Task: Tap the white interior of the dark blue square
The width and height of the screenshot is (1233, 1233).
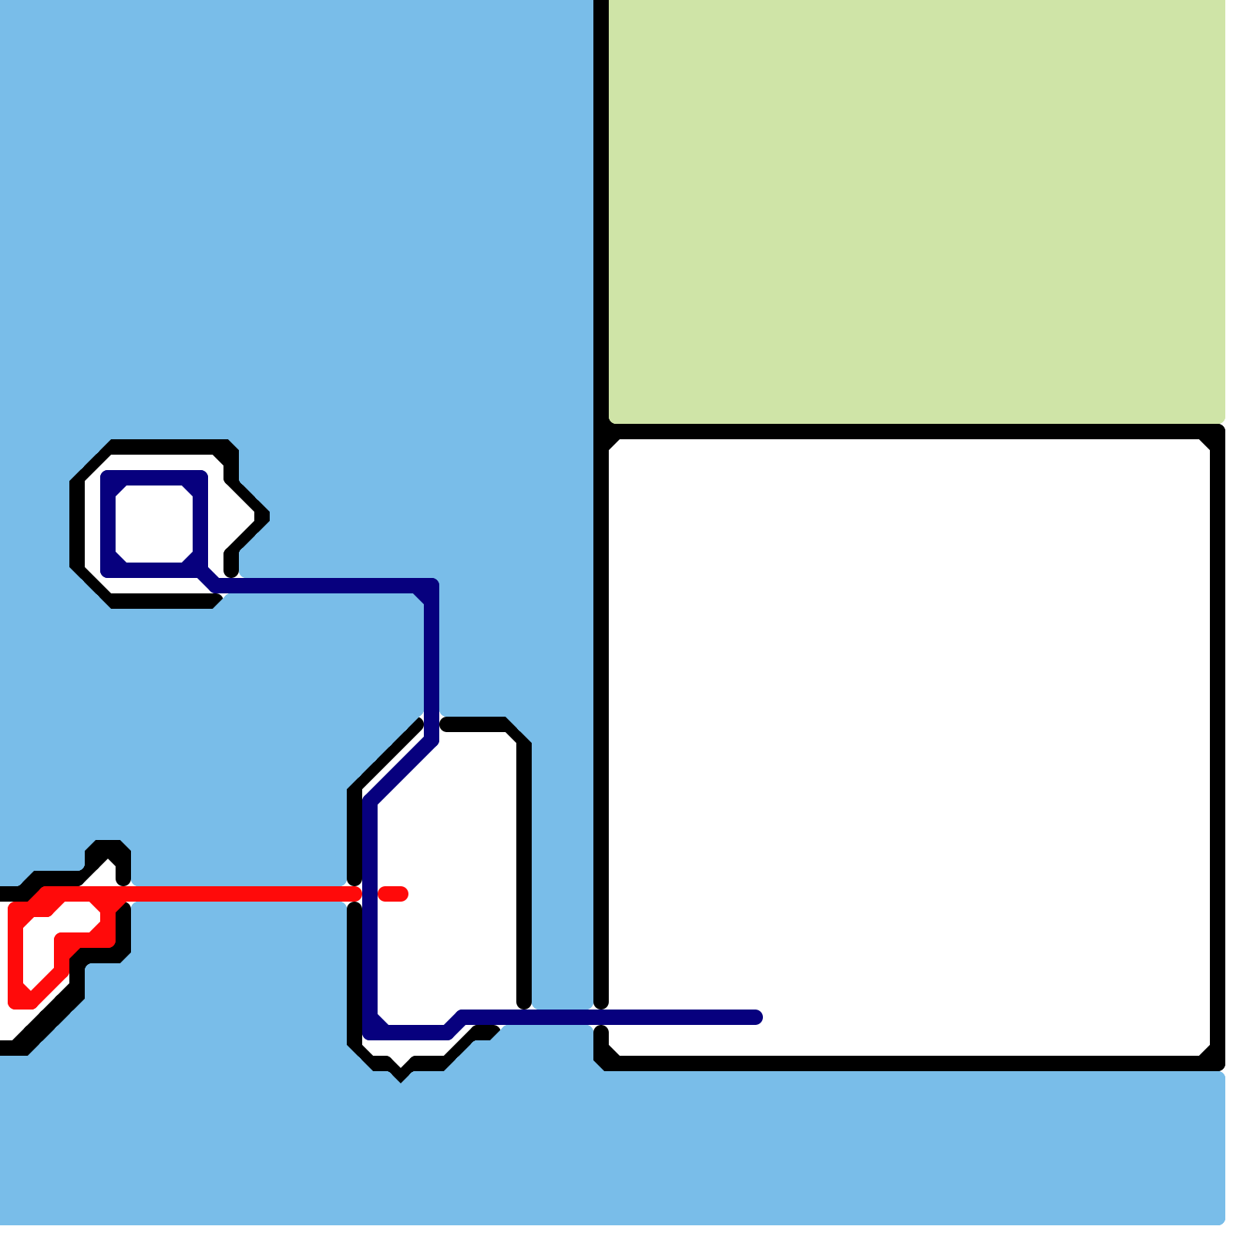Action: point(154,524)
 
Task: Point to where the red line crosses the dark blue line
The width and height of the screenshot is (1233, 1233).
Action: point(370,894)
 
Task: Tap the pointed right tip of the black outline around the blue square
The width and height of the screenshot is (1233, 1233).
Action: point(265,516)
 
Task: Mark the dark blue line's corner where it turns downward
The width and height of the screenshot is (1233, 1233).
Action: point(430,587)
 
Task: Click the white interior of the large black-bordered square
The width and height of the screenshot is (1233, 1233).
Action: point(909,732)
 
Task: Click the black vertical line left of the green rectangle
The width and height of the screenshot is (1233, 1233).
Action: point(601,208)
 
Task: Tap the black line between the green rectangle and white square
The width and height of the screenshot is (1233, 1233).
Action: point(909,431)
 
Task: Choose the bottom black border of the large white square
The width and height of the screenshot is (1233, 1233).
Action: point(909,1063)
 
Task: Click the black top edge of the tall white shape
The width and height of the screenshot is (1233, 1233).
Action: point(474,724)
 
